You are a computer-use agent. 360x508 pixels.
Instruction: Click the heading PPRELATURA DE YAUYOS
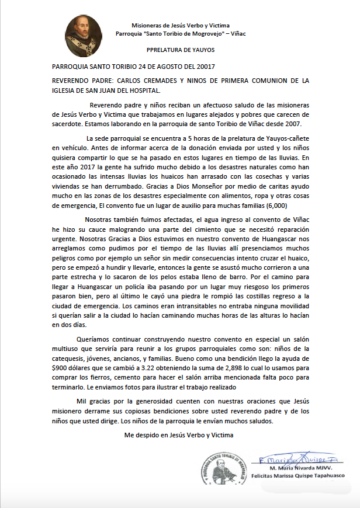[x=180, y=50]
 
